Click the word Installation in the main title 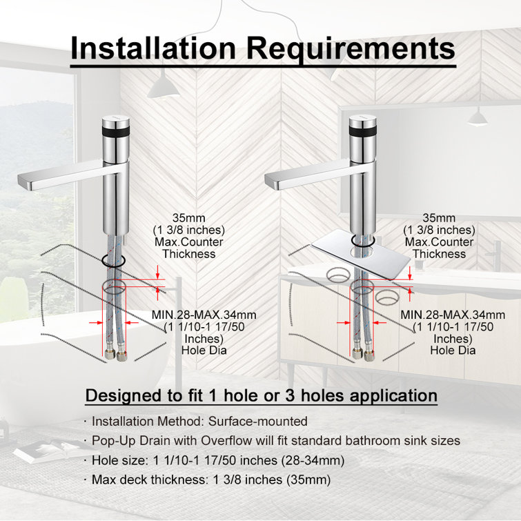tap(153, 48)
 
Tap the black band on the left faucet tap(116, 130)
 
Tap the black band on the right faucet tap(363, 130)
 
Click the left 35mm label tap(188, 218)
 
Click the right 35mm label tap(439, 218)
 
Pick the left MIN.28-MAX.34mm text tap(204, 315)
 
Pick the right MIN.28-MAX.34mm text tap(453, 315)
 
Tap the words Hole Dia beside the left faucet tap(204, 351)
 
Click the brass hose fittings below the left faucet tap(115, 355)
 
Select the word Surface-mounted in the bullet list tap(258, 422)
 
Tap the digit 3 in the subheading tap(290, 395)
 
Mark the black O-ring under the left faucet tap(114, 262)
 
